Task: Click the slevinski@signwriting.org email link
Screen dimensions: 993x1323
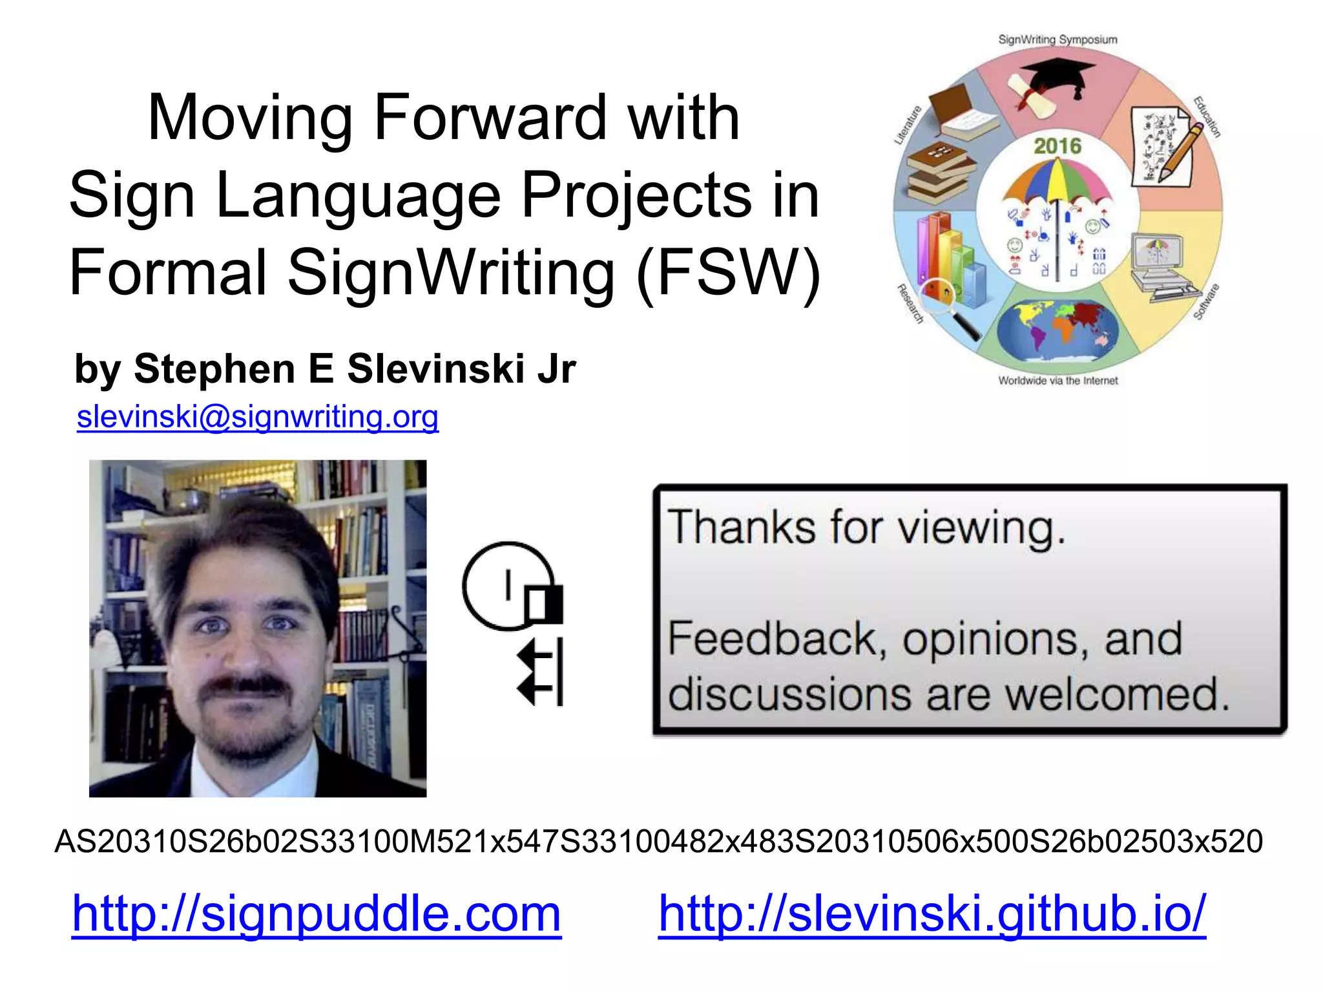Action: pos(258,417)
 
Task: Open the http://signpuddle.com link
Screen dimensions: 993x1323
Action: pos(317,913)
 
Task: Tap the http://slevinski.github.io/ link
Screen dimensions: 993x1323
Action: pos(932,913)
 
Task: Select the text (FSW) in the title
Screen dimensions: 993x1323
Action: pos(729,273)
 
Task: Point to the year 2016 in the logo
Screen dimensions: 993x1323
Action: pos(1057,146)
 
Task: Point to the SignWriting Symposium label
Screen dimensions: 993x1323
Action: pos(1057,39)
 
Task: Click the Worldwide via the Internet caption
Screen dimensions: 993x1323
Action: pos(1057,381)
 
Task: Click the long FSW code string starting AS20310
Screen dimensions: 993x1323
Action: pos(658,841)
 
